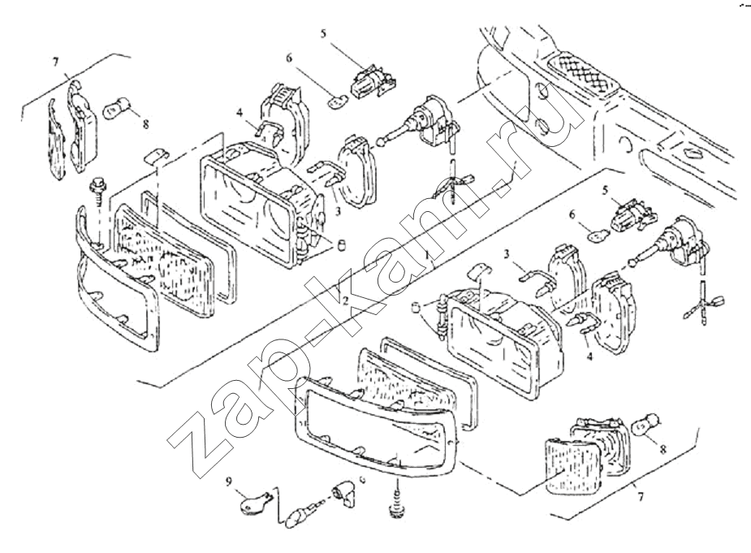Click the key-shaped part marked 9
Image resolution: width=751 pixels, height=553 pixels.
tap(253, 504)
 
